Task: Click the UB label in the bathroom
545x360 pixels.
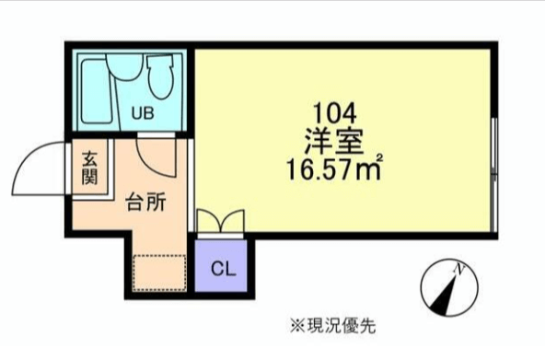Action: pos(143,113)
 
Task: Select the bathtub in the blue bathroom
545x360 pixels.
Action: pos(98,91)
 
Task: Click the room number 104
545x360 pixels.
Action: pos(335,113)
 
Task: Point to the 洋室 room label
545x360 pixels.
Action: pos(334,142)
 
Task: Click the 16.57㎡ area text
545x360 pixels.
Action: pos(334,169)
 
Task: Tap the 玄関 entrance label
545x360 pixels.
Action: pos(89,168)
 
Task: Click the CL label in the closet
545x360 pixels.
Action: pos(223,269)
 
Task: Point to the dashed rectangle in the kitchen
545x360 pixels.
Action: pos(160,273)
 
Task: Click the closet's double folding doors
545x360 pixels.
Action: pos(221,221)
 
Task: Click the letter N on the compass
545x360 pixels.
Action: pos(459,269)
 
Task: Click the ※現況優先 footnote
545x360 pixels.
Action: pos(333,326)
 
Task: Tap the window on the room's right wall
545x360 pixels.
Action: pos(494,175)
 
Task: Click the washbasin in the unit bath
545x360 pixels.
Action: pos(124,69)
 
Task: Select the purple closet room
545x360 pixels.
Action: pos(221,266)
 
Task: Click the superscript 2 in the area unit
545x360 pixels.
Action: pos(379,157)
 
